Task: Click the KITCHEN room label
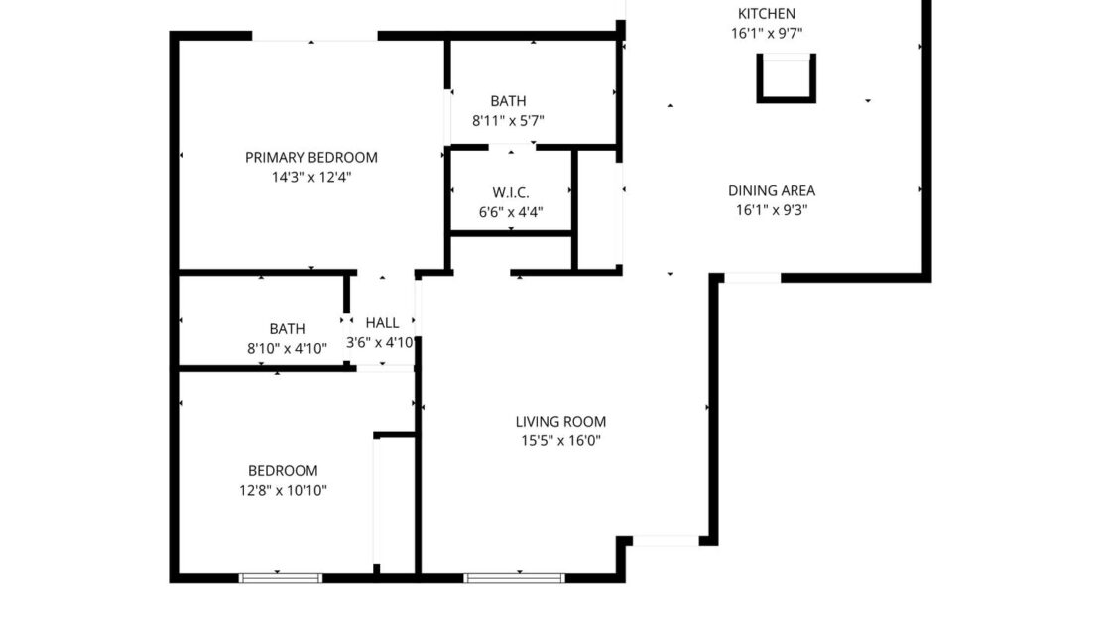coord(766,14)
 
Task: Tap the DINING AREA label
coord(771,190)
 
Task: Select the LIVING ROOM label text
coord(560,422)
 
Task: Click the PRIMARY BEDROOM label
coord(311,157)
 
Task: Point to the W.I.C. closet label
coord(510,192)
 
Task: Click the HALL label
coord(382,323)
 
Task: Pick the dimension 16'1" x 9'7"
coord(766,33)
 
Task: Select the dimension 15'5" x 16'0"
coord(560,441)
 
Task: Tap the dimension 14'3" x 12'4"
coord(311,177)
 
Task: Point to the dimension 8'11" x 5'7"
coord(508,120)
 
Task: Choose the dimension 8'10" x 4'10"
coord(287,348)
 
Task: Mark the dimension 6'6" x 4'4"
coord(510,211)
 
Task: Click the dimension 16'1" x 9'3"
coord(771,210)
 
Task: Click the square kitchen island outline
coord(786,78)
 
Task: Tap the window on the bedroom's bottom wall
coord(280,577)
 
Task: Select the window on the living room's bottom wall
coord(514,577)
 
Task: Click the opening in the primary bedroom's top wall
coord(314,37)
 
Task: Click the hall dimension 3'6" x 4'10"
coord(379,343)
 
